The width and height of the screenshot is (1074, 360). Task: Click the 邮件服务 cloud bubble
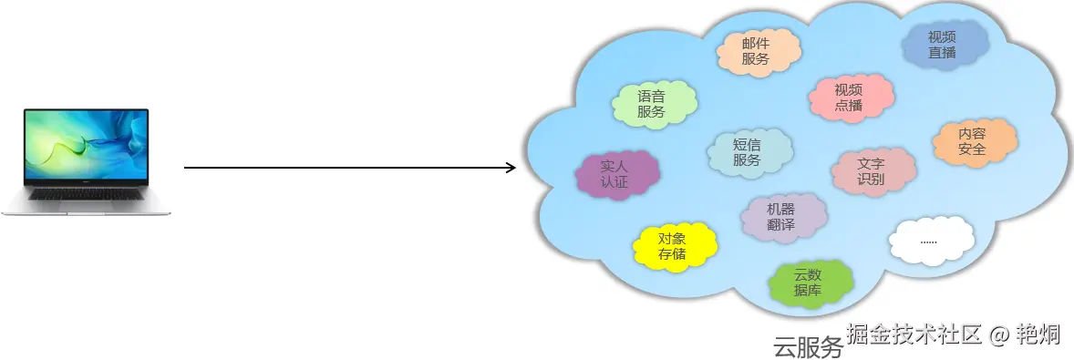[756, 51]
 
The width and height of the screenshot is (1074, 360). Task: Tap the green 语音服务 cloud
[651, 104]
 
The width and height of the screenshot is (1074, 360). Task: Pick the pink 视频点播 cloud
[848, 97]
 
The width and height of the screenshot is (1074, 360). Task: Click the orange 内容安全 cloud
[973, 141]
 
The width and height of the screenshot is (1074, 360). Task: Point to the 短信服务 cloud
[747, 152]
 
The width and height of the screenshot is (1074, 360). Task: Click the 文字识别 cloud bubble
[871, 171]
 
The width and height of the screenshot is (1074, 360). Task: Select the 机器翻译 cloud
[781, 217]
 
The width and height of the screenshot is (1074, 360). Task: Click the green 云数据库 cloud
[808, 283]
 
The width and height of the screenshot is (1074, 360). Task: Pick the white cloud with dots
[929, 241]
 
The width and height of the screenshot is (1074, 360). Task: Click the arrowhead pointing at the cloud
[510, 168]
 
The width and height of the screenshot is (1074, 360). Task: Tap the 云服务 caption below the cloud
[808, 346]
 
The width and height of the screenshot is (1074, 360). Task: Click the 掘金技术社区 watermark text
[914, 334]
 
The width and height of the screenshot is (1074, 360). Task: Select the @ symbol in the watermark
[999, 335]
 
